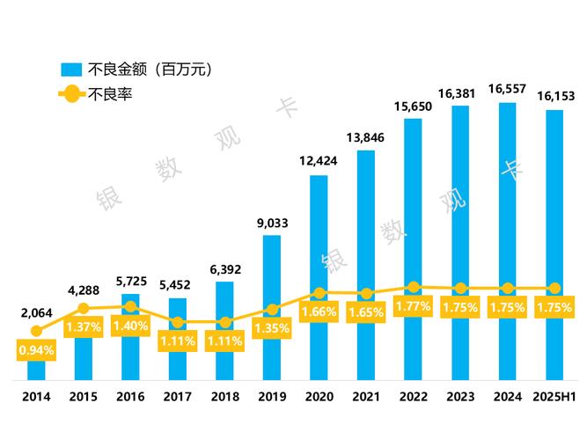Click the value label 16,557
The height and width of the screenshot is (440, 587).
[508, 89]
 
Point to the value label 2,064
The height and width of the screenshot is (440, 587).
[36, 312]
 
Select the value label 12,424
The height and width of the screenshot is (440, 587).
[319, 161]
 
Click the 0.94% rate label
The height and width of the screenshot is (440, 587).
[36, 349]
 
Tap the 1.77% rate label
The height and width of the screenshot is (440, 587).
[414, 307]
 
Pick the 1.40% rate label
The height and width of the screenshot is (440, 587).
[130, 326]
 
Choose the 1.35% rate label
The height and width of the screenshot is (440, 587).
[272, 328]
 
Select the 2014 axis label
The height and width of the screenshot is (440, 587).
[36, 397]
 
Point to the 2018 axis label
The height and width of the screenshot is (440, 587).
[224, 397]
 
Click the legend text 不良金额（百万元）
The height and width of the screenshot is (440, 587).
[150, 68]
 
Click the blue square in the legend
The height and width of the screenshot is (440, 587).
[71, 69]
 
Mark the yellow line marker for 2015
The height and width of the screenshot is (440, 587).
[84, 308]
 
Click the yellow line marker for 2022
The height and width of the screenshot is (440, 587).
[414, 288]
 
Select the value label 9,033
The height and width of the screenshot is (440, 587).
[272, 222]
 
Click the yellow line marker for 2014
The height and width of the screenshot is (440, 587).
[36, 331]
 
